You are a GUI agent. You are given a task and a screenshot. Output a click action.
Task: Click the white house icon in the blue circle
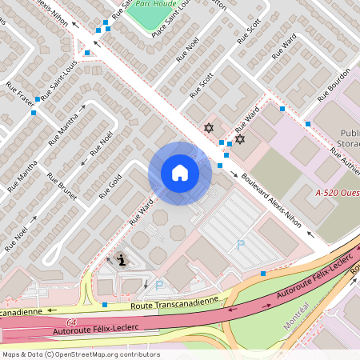click(x=179, y=172)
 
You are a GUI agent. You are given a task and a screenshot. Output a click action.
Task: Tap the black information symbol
click(x=121, y=259)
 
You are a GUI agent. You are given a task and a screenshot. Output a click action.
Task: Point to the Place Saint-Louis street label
click(x=170, y=21)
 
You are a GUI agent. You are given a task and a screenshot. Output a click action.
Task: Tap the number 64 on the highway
click(x=71, y=321)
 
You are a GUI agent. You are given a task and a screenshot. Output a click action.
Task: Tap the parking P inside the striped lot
click(x=241, y=245)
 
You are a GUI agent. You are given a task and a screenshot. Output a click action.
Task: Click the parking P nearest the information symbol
click(x=158, y=285)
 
